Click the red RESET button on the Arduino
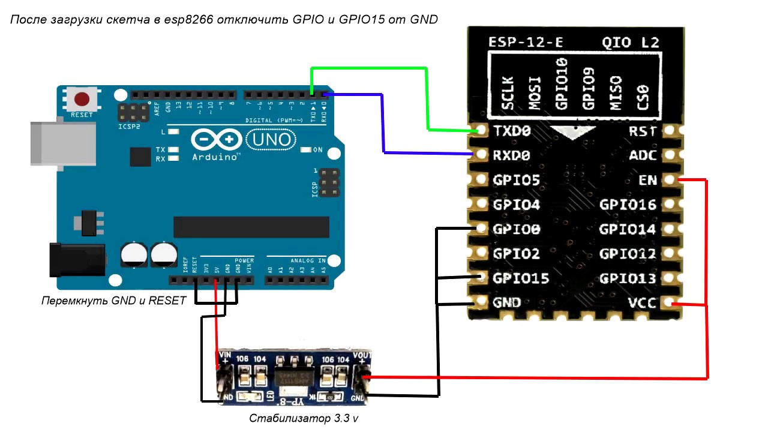pos(82,99)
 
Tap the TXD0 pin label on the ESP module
pos(512,131)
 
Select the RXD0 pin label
pos(512,155)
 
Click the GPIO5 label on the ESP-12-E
pos(516,180)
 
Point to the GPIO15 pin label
pos(520,278)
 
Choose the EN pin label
pos(648,180)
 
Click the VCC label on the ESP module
pos(641,303)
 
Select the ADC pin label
pos(641,155)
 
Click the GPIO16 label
pos(628,205)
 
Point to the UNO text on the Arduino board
pos(272,140)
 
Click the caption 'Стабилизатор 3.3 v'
pos(304,418)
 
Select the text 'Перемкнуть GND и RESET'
pos(114,301)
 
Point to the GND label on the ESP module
pos(506,303)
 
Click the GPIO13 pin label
pos(628,278)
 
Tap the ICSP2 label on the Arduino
pos(130,127)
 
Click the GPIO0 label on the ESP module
pos(516,229)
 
